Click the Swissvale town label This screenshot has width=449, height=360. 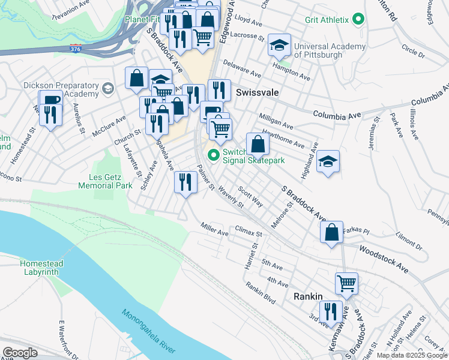(x=259, y=93)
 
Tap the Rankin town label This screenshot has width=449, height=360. (x=308, y=296)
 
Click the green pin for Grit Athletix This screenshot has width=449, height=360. (x=358, y=20)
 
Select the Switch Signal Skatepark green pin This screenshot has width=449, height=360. (x=213, y=155)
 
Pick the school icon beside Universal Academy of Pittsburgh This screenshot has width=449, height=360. (x=279, y=45)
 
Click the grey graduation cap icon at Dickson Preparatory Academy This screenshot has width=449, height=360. (x=108, y=89)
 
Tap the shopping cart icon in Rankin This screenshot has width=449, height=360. (x=346, y=283)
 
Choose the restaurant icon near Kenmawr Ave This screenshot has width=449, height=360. (x=330, y=311)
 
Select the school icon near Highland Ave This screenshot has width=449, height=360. (x=328, y=161)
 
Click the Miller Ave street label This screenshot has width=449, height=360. (x=215, y=229)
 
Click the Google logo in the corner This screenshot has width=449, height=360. (x=20, y=352)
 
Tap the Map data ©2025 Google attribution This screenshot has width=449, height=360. (x=411, y=355)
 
